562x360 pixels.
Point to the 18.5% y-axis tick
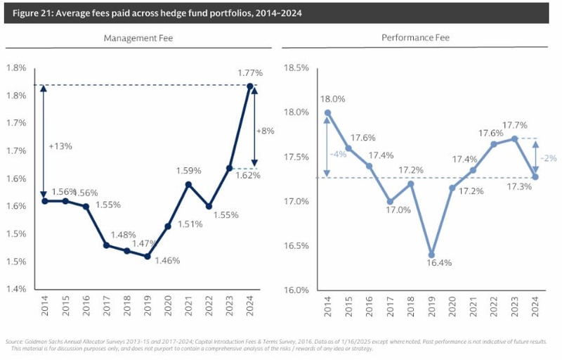tap(296, 68)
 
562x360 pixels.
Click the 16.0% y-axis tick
tap(296, 290)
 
